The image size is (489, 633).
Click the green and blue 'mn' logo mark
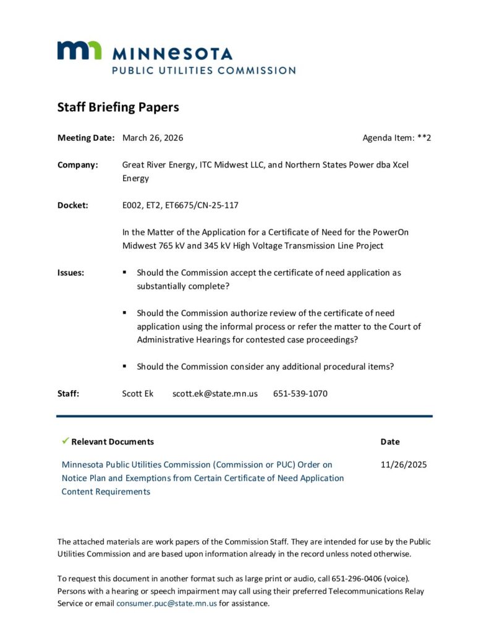(79, 51)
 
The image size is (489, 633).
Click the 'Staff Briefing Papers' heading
(118, 107)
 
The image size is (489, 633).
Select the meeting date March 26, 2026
(153, 138)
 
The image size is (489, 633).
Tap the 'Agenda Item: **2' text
(396, 138)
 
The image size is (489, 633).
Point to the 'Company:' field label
(78, 165)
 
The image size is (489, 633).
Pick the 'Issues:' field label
(71, 273)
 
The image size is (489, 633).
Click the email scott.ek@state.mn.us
(215, 394)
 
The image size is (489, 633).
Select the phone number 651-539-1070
(300, 394)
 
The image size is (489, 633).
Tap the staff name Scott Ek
(138, 394)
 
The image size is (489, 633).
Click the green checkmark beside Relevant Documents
(65, 441)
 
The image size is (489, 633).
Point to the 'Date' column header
(390, 442)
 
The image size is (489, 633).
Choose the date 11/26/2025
(404, 465)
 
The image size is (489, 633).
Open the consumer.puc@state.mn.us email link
(166, 603)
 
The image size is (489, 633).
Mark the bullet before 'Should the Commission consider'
(124, 367)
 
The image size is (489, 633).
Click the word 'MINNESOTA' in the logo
(172, 53)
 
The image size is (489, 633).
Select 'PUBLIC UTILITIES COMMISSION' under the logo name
(203, 70)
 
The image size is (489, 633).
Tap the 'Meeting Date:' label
(86, 138)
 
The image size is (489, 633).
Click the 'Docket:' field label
(73, 205)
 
